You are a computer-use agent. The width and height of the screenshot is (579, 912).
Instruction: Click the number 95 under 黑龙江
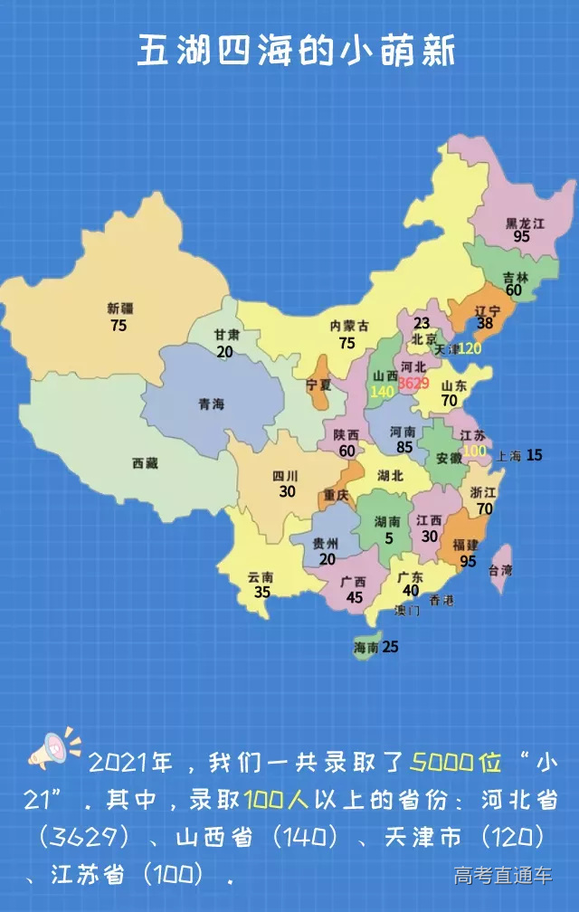(x=521, y=236)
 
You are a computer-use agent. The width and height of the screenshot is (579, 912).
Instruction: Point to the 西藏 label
(x=145, y=463)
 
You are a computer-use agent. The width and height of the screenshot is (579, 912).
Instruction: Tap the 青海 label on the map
(x=211, y=404)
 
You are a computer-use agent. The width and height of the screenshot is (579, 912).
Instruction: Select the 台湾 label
(x=500, y=570)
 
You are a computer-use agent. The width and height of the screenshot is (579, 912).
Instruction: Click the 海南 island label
(x=365, y=648)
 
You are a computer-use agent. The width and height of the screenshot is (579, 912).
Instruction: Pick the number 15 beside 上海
(x=535, y=455)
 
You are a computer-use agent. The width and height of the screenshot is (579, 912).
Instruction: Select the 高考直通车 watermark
(x=503, y=875)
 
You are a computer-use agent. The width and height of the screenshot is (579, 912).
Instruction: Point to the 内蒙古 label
(x=348, y=326)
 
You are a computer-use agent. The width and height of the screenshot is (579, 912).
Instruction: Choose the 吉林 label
(x=516, y=277)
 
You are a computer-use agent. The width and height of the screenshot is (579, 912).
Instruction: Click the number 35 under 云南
(x=262, y=593)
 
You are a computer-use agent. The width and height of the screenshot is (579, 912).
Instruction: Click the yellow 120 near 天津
(x=470, y=347)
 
